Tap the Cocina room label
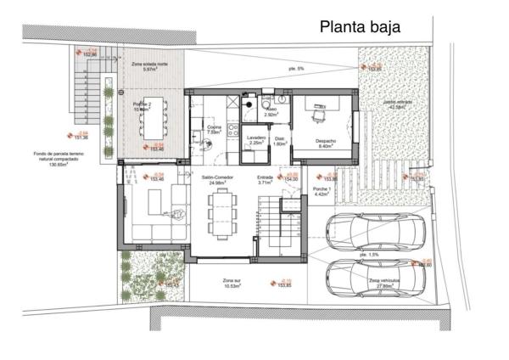pyautogui.click(x=214, y=129)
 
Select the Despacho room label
pyautogui.click(x=327, y=143)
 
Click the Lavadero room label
pyautogui.click(x=256, y=139)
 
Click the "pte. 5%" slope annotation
pyautogui.click(x=294, y=68)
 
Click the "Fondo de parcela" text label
pyautogui.click(x=58, y=159)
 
